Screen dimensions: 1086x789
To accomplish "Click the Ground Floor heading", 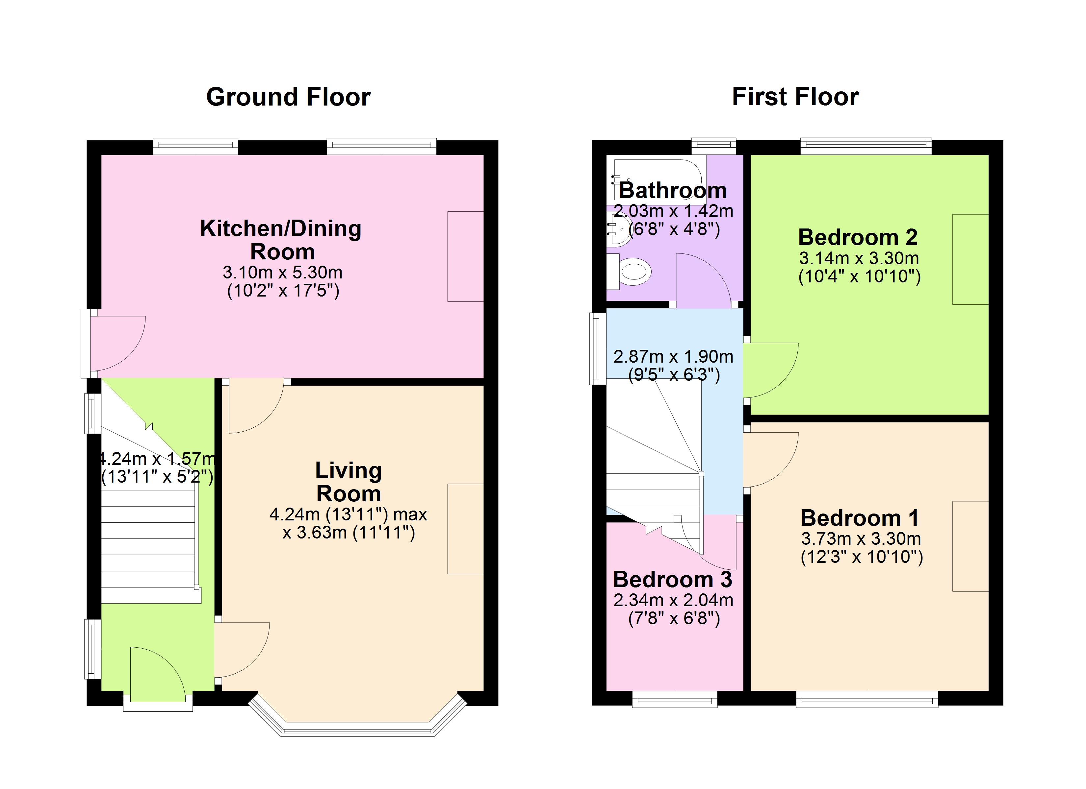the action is click(288, 97).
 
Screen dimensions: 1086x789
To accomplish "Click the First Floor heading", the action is click(795, 97).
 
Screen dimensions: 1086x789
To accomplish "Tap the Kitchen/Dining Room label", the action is click(281, 240).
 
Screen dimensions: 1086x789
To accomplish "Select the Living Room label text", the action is click(349, 482).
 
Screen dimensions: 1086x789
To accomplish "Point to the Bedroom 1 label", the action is click(860, 518).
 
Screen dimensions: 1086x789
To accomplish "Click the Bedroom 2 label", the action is click(858, 237).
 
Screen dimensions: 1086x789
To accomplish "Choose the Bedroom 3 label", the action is click(673, 580).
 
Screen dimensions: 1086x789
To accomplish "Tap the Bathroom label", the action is click(673, 190).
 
